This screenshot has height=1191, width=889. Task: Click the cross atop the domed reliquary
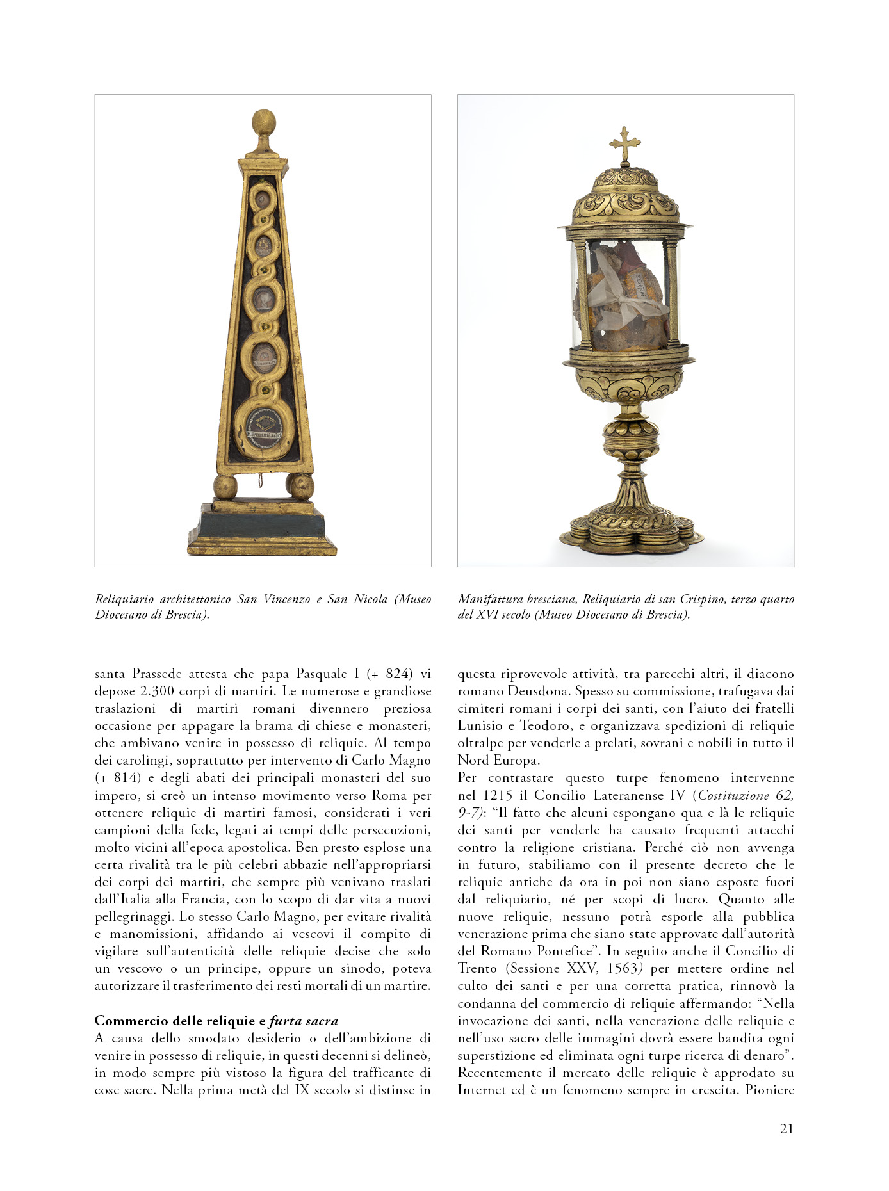[x=625, y=144]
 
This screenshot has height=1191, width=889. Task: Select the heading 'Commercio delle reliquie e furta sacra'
[x=216, y=1021]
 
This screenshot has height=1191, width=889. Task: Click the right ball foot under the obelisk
[x=300, y=487]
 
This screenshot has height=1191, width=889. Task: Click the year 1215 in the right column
[x=498, y=795]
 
